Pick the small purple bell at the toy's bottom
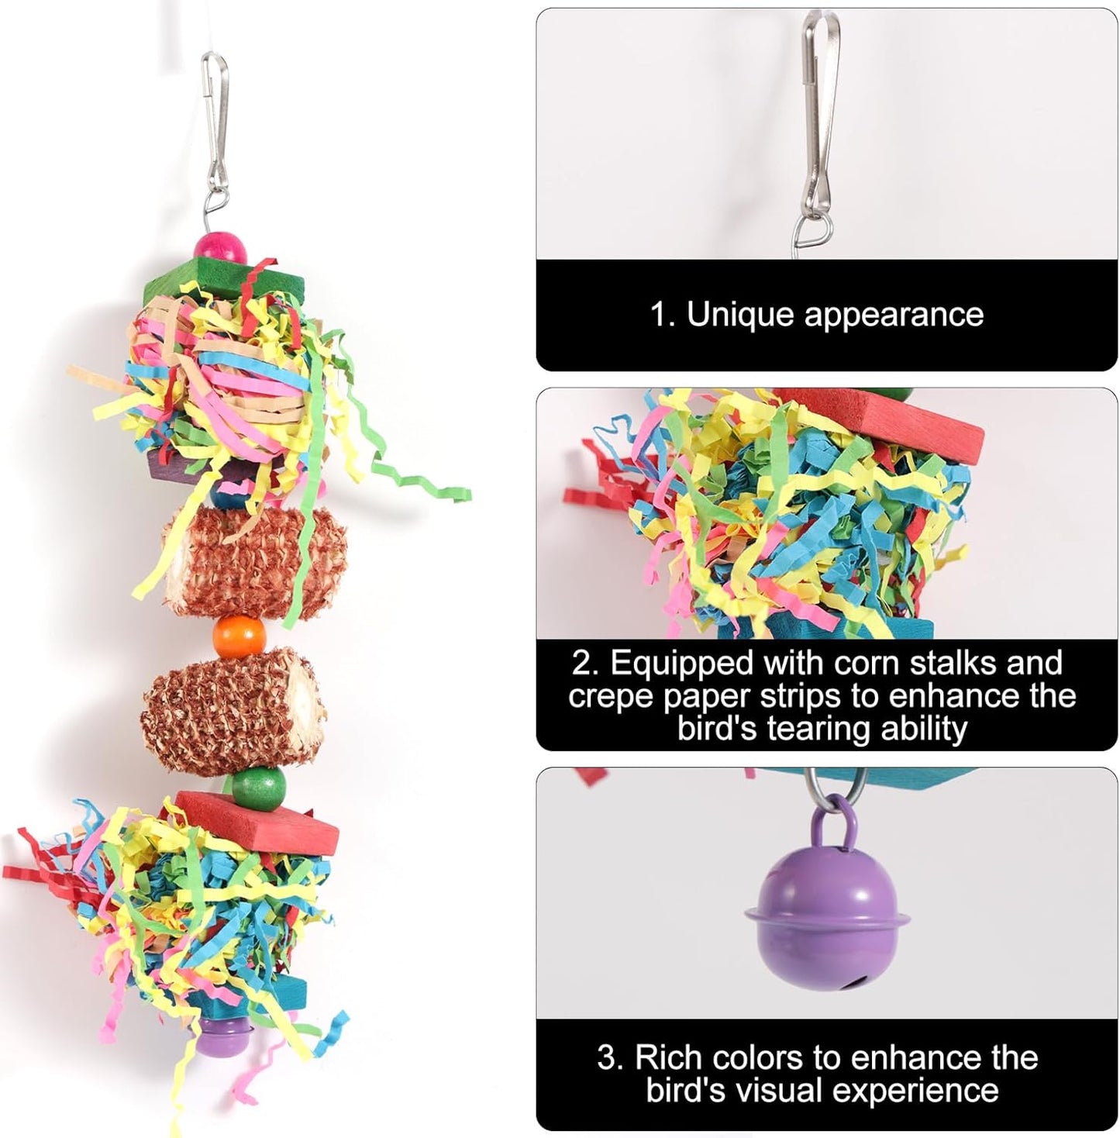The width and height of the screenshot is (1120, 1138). (221, 1036)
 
